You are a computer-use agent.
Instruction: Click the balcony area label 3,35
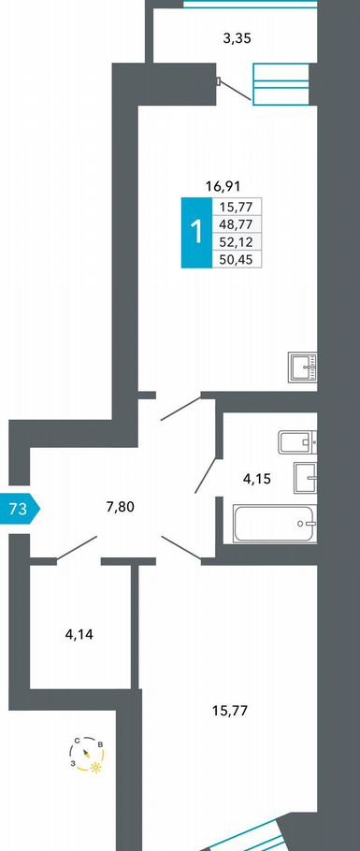pyautogui.click(x=238, y=38)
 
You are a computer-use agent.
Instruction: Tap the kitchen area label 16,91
pyautogui.click(x=223, y=187)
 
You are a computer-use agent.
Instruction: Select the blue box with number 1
pyautogui.click(x=196, y=232)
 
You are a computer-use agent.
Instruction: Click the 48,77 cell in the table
pyautogui.click(x=237, y=224)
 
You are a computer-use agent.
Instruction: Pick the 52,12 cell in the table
pyautogui.click(x=237, y=241)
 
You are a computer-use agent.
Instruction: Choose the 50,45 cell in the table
pyautogui.click(x=237, y=258)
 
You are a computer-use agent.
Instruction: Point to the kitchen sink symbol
pyautogui.click(x=303, y=368)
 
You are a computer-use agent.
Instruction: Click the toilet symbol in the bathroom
pyautogui.click(x=297, y=441)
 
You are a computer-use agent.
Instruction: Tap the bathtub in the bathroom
pyautogui.click(x=275, y=523)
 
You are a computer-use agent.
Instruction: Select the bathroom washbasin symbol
pyautogui.click(x=306, y=478)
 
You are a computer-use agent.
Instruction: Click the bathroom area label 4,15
pyautogui.click(x=256, y=479)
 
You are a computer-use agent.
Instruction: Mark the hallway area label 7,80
pyautogui.click(x=120, y=507)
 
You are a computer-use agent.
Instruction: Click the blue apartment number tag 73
pyautogui.click(x=20, y=509)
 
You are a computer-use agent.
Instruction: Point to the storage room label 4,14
pyautogui.click(x=79, y=633)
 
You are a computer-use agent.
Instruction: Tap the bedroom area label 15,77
pyautogui.click(x=230, y=711)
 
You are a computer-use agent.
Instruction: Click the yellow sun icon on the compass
pyautogui.click(x=95, y=768)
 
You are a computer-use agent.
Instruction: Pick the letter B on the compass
pyautogui.click(x=100, y=744)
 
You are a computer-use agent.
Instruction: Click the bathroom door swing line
pyautogui.click(x=206, y=475)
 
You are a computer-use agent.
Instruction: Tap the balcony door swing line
pyautogui.click(x=236, y=90)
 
